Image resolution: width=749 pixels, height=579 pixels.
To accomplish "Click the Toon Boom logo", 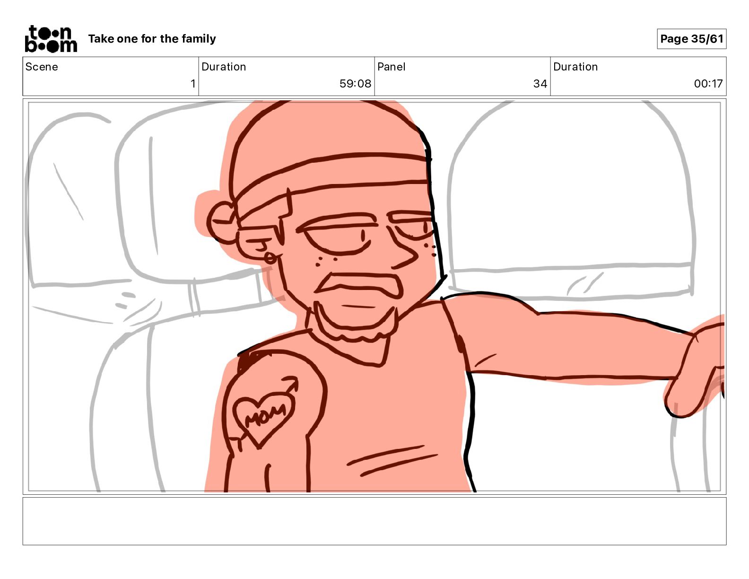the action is [51, 39].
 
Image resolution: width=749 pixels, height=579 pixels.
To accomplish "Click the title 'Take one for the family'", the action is [152, 39].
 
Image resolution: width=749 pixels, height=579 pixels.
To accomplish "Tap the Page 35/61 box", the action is [691, 39].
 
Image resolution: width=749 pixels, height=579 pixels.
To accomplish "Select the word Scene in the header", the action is [42, 67].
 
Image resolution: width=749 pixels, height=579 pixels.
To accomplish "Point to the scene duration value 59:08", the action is [355, 83].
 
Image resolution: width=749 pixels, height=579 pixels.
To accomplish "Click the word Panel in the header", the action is [391, 67].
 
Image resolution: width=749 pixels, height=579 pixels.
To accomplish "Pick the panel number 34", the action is [540, 83].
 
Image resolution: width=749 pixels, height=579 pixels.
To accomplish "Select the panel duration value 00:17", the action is [708, 83].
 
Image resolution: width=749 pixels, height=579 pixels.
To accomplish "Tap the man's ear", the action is [223, 223].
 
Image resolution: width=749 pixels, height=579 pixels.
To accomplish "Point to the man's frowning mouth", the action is [358, 285].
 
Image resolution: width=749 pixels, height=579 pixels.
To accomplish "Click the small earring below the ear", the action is [270, 258].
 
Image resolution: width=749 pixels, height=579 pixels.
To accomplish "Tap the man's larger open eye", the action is [338, 238].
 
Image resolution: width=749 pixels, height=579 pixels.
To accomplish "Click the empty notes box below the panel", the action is [374, 521].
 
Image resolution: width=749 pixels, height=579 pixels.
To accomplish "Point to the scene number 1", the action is [193, 83].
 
